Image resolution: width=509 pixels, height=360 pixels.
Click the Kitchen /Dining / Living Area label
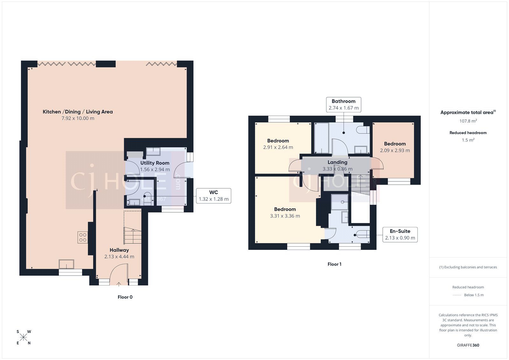(78, 112)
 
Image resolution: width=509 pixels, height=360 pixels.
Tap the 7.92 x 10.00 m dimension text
(78, 118)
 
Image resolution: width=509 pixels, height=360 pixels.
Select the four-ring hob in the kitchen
(83, 237)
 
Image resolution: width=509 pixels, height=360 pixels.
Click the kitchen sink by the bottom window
(66, 264)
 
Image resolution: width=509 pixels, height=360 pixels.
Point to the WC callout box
(213, 196)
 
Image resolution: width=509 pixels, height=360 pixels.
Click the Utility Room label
(155, 163)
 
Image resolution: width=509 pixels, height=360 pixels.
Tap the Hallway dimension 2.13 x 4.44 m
(119, 257)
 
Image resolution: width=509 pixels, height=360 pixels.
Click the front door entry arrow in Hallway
(119, 284)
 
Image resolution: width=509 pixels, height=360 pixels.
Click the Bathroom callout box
(344, 105)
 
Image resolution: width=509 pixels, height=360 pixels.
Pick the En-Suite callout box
(400, 235)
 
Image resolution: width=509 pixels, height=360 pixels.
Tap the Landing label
(338, 162)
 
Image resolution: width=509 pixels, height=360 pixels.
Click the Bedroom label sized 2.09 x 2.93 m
(395, 144)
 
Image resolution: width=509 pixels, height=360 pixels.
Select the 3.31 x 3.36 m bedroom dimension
(285, 216)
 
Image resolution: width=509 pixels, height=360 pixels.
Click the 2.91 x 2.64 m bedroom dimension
(278, 147)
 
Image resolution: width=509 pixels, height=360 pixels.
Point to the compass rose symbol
(24, 337)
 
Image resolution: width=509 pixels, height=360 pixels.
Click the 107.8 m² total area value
(468, 121)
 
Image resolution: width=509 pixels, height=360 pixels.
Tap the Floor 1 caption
(334, 264)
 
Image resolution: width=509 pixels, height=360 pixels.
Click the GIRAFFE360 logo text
(468, 345)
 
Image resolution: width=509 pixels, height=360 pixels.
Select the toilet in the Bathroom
(363, 130)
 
